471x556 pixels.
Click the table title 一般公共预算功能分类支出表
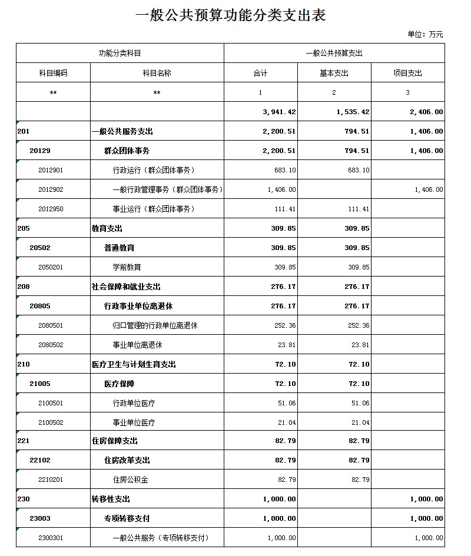click(231, 16)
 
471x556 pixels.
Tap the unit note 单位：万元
click(425, 35)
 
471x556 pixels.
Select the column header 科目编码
click(53, 74)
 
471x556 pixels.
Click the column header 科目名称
click(157, 74)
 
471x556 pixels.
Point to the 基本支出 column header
click(334, 74)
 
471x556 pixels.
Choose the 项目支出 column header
click(407, 74)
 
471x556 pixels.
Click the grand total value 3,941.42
click(279, 112)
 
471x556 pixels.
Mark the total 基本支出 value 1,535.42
click(353, 112)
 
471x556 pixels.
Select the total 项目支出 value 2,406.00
click(427, 112)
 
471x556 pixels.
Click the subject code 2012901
click(51, 171)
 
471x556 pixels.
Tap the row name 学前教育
click(127, 268)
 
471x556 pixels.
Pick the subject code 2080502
click(51, 345)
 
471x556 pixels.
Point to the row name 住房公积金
click(130, 480)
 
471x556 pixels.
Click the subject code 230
click(24, 500)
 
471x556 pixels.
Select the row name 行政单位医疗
click(134, 404)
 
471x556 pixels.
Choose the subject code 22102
click(40, 461)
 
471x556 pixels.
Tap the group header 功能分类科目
click(120, 54)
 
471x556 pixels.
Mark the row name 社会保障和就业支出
click(126, 287)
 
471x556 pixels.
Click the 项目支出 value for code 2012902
click(429, 190)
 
